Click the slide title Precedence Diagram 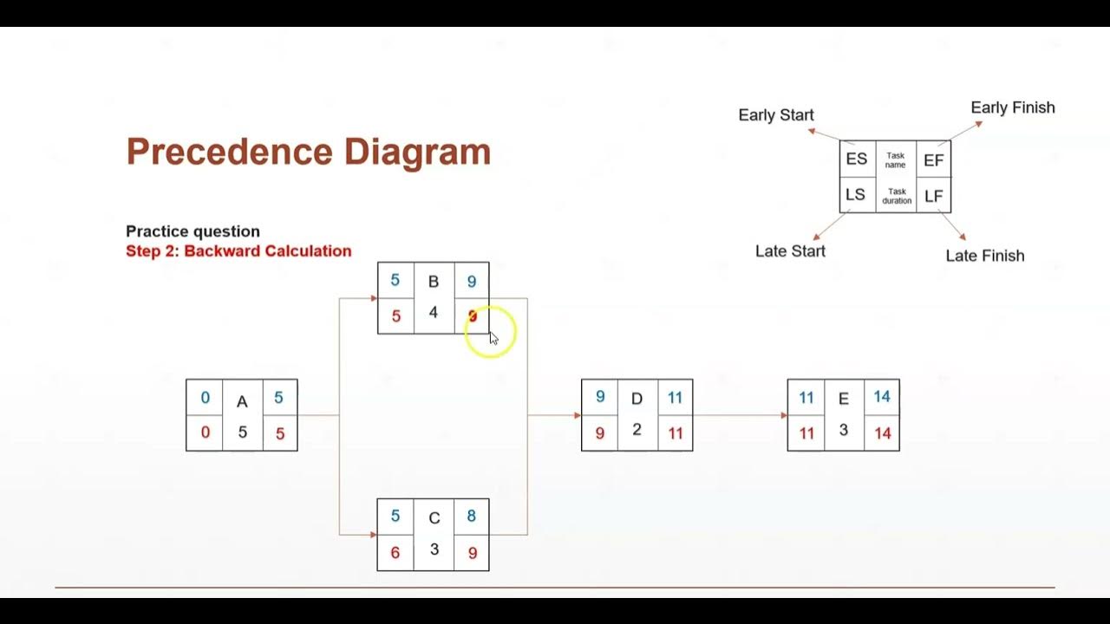[x=308, y=152]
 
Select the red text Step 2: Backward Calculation [x=238, y=251]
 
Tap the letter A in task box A [x=242, y=401]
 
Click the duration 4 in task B [x=434, y=312]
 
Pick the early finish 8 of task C [x=472, y=517]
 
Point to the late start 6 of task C [x=395, y=553]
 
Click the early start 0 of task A [x=205, y=398]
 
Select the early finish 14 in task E [x=882, y=397]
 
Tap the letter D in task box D [x=637, y=399]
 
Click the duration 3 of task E [x=843, y=430]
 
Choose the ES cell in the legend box [x=857, y=159]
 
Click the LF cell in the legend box [x=933, y=196]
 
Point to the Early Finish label [x=1013, y=107]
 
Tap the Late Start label [x=790, y=251]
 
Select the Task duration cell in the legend [x=897, y=196]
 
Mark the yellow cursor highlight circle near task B [x=491, y=332]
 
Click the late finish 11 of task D [x=676, y=433]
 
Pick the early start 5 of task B [x=395, y=281]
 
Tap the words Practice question [x=193, y=231]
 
